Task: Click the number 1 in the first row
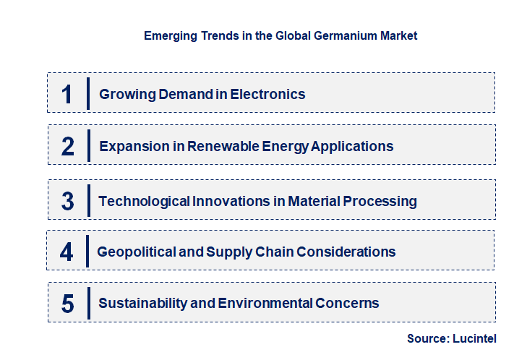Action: point(67,94)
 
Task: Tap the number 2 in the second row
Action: point(68,147)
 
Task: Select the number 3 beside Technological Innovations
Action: point(68,201)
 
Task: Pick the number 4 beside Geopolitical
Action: point(67,252)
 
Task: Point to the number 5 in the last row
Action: point(68,304)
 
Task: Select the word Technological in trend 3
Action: point(144,201)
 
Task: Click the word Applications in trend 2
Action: point(354,146)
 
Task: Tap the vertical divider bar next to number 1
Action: point(87,93)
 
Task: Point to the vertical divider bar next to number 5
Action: point(87,303)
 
